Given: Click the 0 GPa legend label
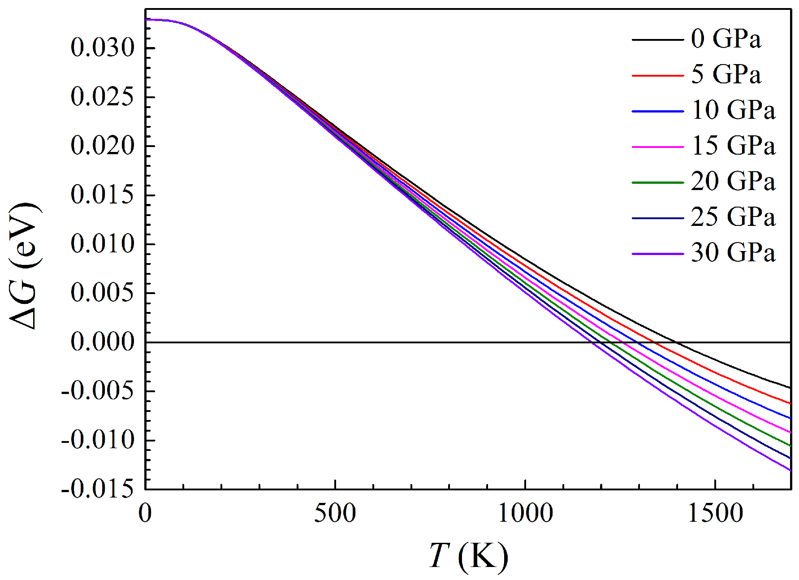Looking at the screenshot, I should (726, 39).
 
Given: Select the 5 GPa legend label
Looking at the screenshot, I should (726, 74).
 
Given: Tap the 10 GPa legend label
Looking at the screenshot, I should (733, 110).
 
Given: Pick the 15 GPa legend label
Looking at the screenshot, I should (733, 146).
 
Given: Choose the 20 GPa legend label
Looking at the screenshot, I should (733, 182).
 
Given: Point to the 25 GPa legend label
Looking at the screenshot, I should (733, 217).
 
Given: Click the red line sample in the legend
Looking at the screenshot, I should (657, 76).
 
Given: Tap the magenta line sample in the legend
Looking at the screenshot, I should (657, 147).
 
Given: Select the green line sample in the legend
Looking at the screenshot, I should (657, 183).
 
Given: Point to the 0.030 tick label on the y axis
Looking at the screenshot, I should (103, 48).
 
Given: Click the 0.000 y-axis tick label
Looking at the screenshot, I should (103, 342).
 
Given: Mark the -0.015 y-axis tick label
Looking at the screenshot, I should (98, 489).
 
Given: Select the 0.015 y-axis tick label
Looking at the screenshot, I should (103, 195).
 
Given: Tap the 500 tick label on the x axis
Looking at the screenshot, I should (335, 513).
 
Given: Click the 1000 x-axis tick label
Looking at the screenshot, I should (525, 513).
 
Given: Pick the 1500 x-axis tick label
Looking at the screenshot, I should (715, 513).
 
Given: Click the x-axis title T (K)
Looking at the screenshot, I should (468, 557).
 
